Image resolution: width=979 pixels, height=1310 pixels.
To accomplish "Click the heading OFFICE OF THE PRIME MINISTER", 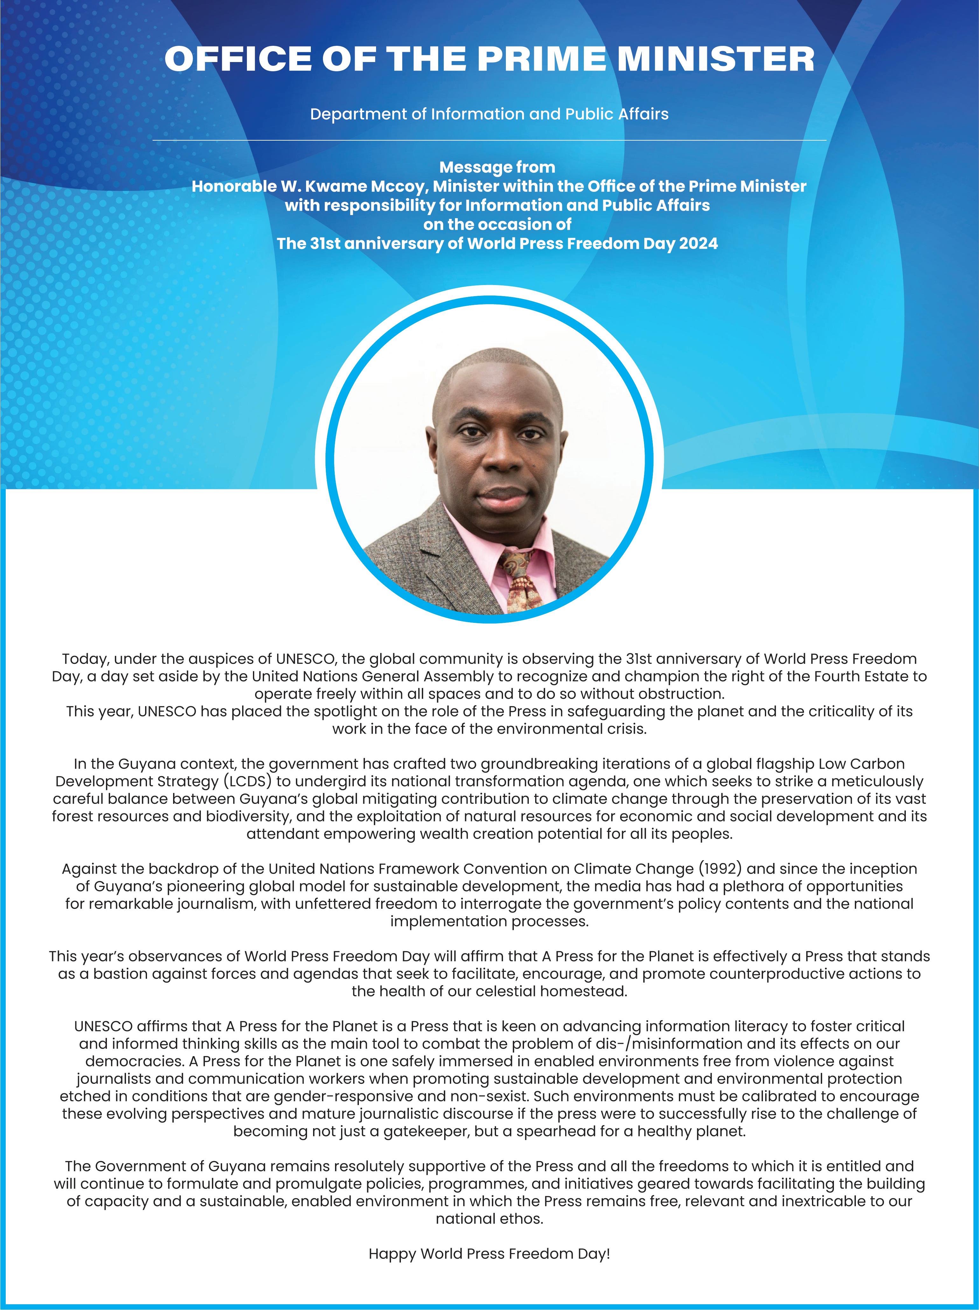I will pyautogui.click(x=489, y=59).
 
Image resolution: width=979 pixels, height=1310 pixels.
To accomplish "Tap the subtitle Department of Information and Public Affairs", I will pyautogui.click(x=489, y=114).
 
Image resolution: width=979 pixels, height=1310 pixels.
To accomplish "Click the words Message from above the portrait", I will pyautogui.click(x=497, y=168).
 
